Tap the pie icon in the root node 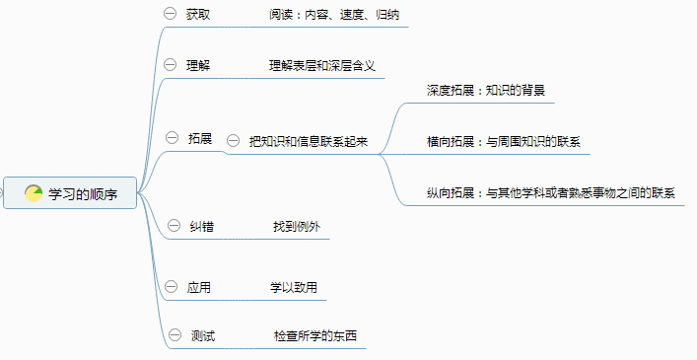point(34,194)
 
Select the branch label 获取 point(198,16)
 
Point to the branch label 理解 point(198,66)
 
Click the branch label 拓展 point(200,139)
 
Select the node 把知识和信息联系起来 point(309,141)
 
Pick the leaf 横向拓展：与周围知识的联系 point(503,141)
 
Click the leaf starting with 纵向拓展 point(550,193)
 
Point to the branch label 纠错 point(202,226)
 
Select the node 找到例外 point(297,226)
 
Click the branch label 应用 point(198,288)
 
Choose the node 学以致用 point(294,288)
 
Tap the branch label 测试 point(203,336)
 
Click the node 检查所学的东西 point(315,336)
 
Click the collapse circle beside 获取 point(169,15)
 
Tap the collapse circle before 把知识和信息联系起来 point(233,141)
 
